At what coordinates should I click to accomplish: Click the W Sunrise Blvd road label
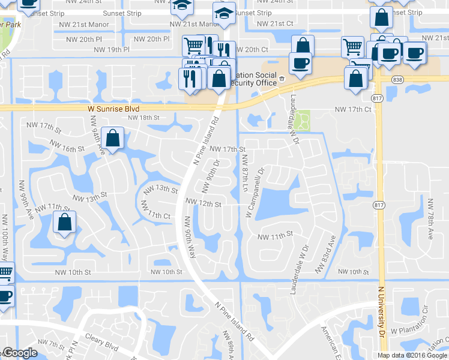113,109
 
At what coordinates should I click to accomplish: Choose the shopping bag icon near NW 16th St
112,139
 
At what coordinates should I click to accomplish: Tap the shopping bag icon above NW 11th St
64,223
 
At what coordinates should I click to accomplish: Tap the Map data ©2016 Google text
412,355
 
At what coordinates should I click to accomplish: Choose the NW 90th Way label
191,237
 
